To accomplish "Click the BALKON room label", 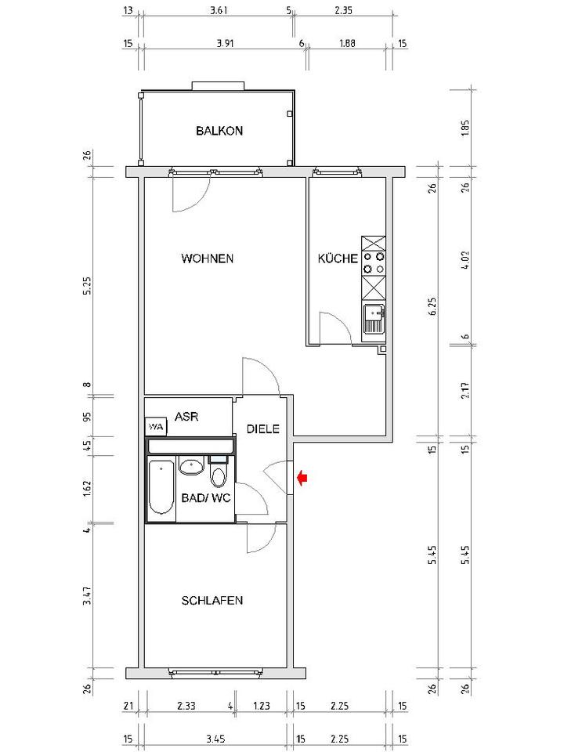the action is [219, 131].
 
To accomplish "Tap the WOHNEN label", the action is [207, 258].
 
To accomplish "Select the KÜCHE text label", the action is [338, 258].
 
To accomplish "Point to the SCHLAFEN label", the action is [212, 601].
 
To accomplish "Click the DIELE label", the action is [263, 428].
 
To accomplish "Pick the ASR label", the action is [186, 416].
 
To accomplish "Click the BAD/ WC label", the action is [206, 498].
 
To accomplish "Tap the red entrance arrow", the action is [302, 478].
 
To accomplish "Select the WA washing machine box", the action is [156, 427].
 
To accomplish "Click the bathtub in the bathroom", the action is [161, 487].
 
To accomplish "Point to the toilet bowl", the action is [219, 475].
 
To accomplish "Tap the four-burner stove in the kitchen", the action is [374, 262].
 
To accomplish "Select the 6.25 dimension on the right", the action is [432, 306].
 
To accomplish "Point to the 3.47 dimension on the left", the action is [87, 595].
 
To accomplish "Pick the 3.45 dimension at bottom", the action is [215, 739].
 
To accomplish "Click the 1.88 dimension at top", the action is [347, 43].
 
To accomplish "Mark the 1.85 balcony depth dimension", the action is [465, 128].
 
